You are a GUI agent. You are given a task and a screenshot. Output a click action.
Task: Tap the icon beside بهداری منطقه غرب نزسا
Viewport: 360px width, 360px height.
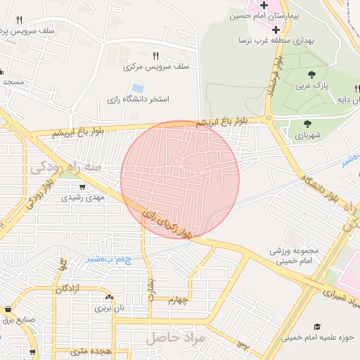[275, 30]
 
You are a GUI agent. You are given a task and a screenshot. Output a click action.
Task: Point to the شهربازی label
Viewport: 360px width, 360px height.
[307, 134]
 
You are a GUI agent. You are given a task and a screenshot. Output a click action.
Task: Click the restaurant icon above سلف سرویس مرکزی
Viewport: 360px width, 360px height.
[155, 56]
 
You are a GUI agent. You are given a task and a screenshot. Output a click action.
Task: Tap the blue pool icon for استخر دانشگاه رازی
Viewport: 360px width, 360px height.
[137, 88]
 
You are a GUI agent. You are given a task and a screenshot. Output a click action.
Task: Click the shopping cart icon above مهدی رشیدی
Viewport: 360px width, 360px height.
[83, 187]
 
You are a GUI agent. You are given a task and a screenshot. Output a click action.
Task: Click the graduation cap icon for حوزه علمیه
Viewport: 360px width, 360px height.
[317, 327]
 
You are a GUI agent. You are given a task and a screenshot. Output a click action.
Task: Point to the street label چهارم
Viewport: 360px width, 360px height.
[179, 300]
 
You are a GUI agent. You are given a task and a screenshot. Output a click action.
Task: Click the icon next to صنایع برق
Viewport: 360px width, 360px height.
[8, 309]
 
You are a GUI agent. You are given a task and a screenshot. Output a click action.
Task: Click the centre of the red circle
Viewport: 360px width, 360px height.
[180, 179]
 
